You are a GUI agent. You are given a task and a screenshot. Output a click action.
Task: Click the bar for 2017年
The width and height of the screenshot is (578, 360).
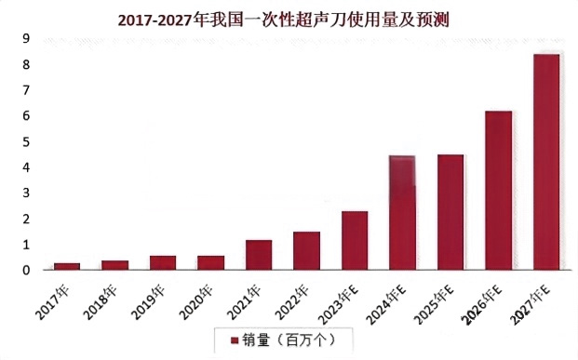click(67, 266)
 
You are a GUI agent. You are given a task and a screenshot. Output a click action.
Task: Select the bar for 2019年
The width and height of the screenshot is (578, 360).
click(163, 262)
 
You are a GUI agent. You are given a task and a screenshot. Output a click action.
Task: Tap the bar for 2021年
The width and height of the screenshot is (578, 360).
click(259, 255)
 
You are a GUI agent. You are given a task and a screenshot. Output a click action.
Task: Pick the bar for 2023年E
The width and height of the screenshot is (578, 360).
click(355, 240)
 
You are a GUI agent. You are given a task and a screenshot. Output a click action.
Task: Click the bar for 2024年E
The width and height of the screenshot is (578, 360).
click(402, 212)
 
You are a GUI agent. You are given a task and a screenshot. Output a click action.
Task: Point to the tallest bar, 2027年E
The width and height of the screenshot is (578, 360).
click(546, 162)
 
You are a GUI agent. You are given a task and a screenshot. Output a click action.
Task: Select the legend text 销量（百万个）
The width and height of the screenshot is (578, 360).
click(289, 340)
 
